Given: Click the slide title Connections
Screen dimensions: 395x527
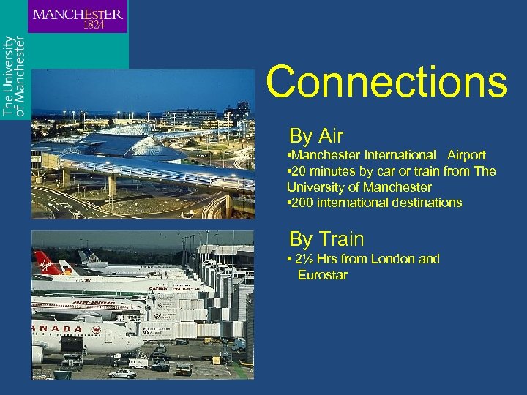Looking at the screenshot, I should (x=386, y=82).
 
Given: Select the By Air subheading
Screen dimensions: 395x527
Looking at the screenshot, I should (x=316, y=136).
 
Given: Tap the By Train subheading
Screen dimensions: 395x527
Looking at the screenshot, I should (x=326, y=239).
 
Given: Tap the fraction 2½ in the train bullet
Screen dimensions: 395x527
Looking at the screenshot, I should (x=304, y=259).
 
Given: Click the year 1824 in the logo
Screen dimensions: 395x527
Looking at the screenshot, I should (x=93, y=24).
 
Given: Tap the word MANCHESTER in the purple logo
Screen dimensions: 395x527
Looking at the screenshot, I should (x=78, y=13).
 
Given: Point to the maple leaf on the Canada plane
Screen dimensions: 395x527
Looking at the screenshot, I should (x=95, y=330).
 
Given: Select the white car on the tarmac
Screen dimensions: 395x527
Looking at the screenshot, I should (x=123, y=373).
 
